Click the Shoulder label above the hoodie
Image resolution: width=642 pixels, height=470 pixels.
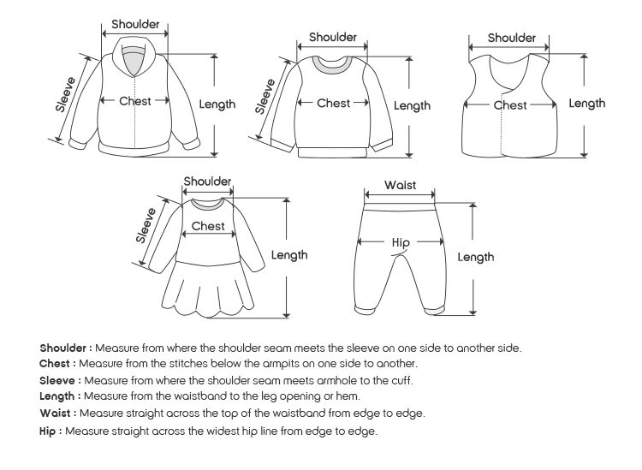pos(135,24)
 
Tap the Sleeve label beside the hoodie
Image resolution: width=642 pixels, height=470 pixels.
pos(66,94)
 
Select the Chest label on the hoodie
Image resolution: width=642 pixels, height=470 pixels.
pos(135,101)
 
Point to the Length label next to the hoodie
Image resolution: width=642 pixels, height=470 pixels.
pos(217,104)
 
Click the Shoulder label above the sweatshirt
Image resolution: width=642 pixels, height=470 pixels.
pos(333,37)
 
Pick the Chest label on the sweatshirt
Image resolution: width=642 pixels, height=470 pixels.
pos(334,103)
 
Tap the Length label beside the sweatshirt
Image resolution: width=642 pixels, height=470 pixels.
pos(412,106)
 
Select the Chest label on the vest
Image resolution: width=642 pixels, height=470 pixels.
pos(510,105)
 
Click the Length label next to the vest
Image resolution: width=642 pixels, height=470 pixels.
pos(587,104)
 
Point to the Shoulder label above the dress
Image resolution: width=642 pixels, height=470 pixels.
pos(208,181)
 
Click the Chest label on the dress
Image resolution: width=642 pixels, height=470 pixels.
pos(208,226)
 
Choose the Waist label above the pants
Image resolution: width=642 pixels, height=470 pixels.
pos(400,186)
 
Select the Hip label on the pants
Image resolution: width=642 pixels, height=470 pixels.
pos(401,242)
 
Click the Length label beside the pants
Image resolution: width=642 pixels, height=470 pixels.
pos(475,257)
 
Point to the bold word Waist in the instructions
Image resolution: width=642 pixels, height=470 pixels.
pos(56,413)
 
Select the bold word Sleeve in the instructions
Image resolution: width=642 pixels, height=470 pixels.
pos(59,380)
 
